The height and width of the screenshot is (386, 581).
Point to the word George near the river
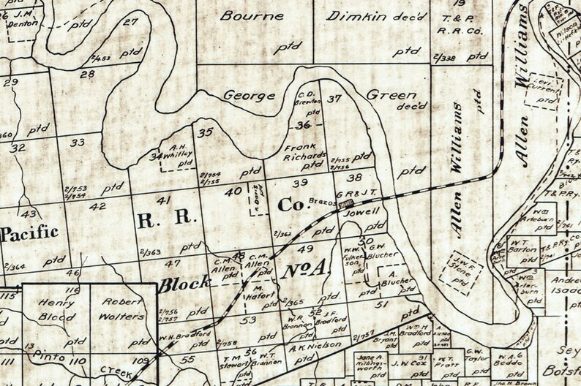(x=250, y=95)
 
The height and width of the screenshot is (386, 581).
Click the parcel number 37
(x=334, y=99)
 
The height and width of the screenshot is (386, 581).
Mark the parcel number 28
(x=88, y=75)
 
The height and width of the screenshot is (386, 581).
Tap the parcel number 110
(x=78, y=361)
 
